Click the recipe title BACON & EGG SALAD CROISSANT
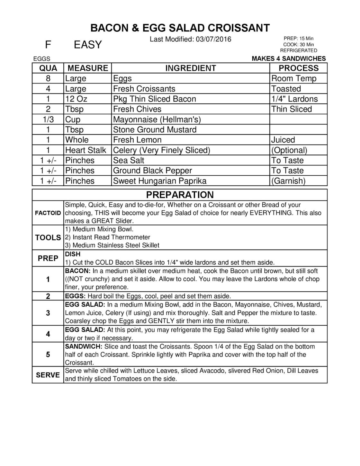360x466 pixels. point(180,28)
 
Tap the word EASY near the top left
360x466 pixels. point(88,45)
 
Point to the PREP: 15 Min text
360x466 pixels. point(298,39)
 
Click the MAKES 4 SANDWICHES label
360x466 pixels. point(289,58)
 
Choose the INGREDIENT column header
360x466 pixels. point(191,68)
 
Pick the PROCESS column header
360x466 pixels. point(298,68)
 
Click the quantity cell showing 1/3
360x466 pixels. point(48,119)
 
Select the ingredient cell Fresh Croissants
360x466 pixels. point(144,89)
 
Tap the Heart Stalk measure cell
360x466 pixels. point(85,150)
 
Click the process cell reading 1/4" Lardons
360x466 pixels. point(294,99)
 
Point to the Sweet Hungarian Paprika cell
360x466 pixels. point(159,181)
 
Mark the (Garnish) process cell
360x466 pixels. point(288,181)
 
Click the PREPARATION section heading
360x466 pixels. point(180,195)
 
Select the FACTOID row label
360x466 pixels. point(48,213)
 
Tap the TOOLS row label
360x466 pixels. point(48,238)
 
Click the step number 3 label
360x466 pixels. point(48,313)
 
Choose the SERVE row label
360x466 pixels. point(48,375)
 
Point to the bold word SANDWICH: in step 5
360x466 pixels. point(84,347)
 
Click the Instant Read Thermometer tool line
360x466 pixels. point(108,237)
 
